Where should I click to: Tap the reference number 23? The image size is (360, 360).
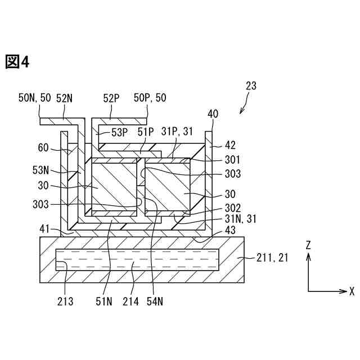tap(251, 86)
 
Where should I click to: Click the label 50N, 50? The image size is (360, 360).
tap(35, 98)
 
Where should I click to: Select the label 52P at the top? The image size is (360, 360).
tap(110, 98)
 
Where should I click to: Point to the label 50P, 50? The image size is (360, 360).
tap(150, 98)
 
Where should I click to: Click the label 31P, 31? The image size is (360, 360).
tap(178, 132)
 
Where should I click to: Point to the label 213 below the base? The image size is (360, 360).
tap(65, 301)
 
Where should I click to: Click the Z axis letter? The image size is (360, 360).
tap(308, 245)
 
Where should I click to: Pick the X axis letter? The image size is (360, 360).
tap(352, 291)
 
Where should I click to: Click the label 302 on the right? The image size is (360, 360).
tap(232, 207)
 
